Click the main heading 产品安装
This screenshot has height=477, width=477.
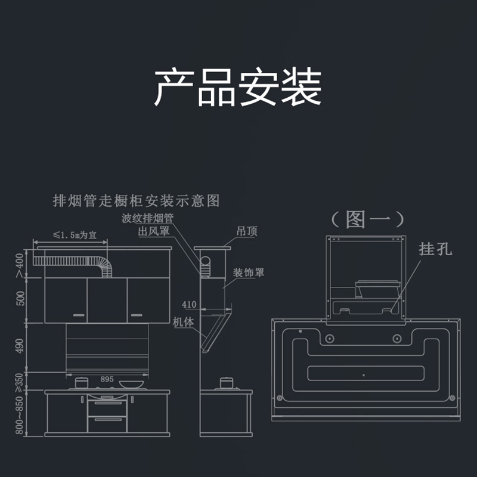pos(238,88)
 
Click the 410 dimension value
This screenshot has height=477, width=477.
pos(189,305)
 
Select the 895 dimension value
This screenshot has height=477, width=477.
pos(107,379)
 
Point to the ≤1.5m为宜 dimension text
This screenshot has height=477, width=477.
pos(72,235)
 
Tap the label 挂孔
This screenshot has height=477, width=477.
pos(436,249)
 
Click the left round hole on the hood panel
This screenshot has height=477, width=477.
pos(328,339)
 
